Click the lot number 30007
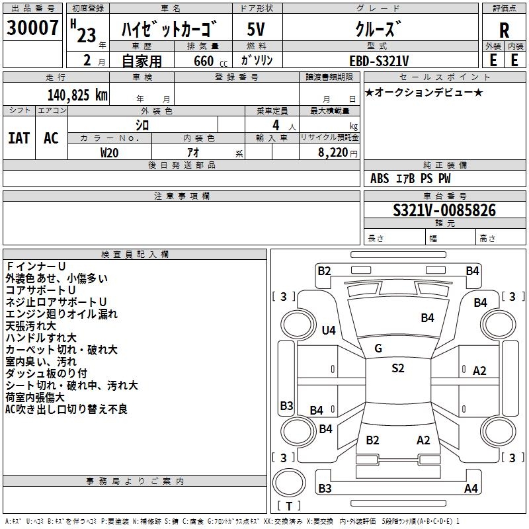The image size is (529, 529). (32, 28)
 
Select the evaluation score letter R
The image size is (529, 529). (504, 30)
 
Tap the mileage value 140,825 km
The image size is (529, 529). (77, 95)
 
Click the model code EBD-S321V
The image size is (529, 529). (379, 61)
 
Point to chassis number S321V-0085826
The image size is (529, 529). (444, 210)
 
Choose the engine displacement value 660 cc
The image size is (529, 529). (210, 61)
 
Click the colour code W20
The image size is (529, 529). (109, 153)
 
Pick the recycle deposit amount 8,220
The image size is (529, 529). (333, 153)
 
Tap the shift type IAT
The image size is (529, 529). (19, 138)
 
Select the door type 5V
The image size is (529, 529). (256, 29)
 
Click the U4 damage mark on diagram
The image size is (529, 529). (329, 330)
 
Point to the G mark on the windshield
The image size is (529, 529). (378, 348)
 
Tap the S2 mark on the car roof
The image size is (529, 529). (398, 368)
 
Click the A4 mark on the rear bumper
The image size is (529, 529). (471, 488)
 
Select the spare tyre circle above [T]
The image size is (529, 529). (289, 483)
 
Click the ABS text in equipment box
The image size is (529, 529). (380, 179)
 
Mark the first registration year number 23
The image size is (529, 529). (87, 35)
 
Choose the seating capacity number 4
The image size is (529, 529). (276, 125)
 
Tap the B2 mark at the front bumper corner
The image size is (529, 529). (324, 271)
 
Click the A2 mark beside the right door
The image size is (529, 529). (479, 371)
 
